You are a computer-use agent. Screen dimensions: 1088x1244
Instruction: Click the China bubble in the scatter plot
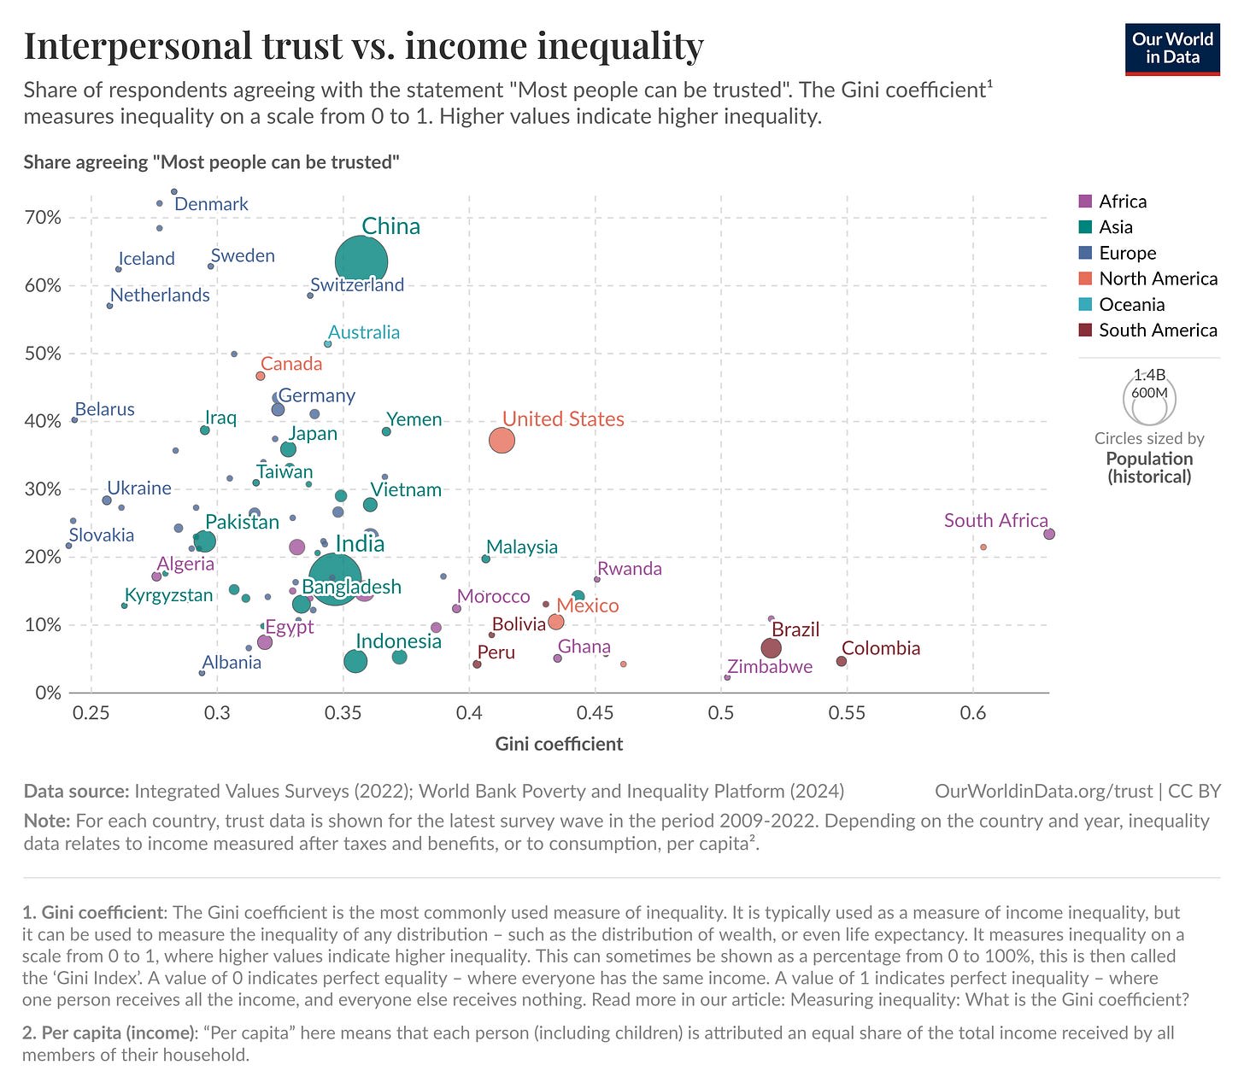click(x=361, y=262)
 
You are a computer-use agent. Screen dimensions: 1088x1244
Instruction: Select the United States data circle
click(x=502, y=441)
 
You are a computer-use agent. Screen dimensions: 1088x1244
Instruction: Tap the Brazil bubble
click(x=771, y=648)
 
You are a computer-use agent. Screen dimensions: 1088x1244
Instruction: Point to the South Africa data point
click(x=1049, y=534)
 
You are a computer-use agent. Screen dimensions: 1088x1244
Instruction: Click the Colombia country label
click(x=881, y=648)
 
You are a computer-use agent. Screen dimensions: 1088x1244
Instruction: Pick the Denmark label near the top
click(x=211, y=204)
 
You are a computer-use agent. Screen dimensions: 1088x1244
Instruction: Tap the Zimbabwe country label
click(x=770, y=667)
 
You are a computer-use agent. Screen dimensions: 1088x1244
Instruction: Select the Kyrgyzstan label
click(x=168, y=595)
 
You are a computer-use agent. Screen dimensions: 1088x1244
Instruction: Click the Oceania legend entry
click(x=1131, y=305)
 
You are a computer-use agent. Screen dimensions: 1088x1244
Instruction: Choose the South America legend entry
click(x=1158, y=330)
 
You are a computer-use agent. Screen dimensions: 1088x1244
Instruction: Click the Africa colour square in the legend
click(x=1086, y=202)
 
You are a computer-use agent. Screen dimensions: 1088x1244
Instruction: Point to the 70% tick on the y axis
click(x=43, y=218)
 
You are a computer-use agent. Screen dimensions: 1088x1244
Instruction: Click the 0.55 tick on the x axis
click(x=847, y=713)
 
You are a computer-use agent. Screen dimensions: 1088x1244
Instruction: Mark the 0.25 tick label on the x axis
click(x=91, y=713)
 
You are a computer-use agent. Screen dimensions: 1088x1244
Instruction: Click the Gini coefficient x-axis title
click(x=559, y=744)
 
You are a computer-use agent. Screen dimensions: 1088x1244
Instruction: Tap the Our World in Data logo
click(x=1172, y=49)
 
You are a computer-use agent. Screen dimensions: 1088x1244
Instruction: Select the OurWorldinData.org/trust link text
click(x=1043, y=791)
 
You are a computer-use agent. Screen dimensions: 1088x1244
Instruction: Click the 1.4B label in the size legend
click(x=1149, y=375)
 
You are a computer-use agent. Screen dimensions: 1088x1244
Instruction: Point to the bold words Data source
click(x=75, y=791)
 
